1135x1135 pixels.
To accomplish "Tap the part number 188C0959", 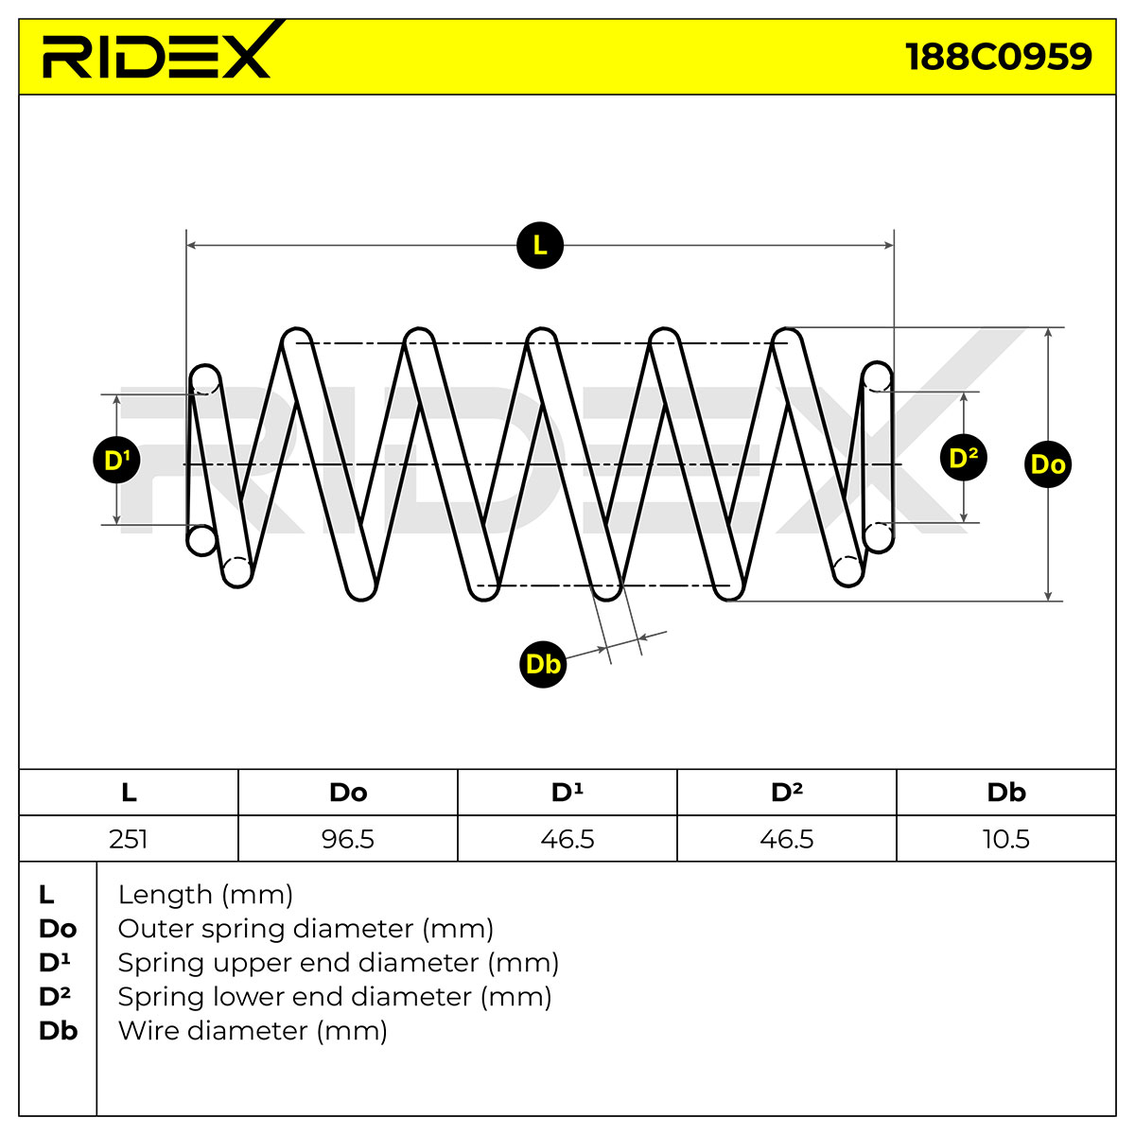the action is click(999, 57).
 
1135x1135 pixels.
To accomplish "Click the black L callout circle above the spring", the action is click(540, 245).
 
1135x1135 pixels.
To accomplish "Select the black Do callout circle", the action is click(1048, 464).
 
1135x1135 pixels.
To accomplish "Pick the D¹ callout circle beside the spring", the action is click(116, 460).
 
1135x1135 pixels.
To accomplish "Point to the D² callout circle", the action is click(963, 458).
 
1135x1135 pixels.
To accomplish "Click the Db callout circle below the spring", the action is click(543, 664).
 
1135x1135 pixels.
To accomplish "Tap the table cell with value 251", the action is click(129, 839).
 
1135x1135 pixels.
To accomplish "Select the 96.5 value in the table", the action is click(348, 839).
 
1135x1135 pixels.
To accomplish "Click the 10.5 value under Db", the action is click(1006, 839).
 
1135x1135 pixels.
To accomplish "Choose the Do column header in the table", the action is click(348, 793).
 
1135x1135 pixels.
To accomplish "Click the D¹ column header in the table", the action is click(567, 793).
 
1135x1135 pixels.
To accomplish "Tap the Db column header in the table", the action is click(1006, 793).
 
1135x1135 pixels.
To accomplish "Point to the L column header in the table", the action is click(129, 793).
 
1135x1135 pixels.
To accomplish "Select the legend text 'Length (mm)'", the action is click(205, 895).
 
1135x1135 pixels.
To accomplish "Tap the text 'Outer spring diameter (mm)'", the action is click(306, 929).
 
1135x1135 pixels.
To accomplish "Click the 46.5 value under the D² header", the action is click(787, 839).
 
